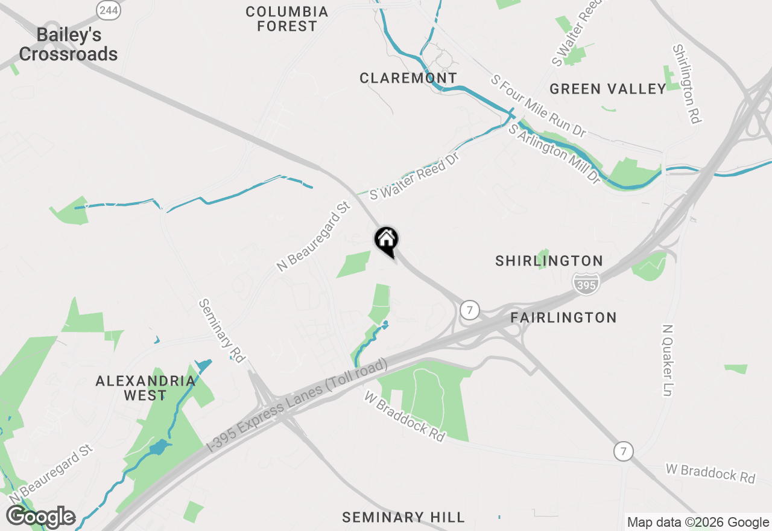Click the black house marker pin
387,241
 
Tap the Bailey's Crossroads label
68,44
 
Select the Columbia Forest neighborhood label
287,19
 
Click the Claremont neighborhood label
408,78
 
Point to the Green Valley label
607,89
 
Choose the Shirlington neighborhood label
549,261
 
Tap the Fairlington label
563,317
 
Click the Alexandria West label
145,388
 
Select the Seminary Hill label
403,517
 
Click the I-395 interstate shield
586,283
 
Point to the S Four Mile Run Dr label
538,106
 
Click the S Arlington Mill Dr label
555,153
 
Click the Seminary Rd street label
221,331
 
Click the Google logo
40,517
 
